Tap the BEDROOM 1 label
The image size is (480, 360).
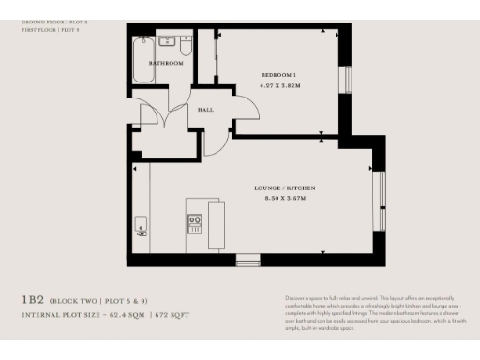(x=279, y=74)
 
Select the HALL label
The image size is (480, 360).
(x=205, y=110)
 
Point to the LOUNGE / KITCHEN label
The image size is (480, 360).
(x=282, y=188)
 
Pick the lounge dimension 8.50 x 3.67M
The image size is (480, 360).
(x=282, y=199)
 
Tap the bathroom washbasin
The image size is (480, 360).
(x=169, y=41)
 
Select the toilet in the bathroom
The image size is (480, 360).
(x=186, y=44)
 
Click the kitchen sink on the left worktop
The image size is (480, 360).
(x=141, y=225)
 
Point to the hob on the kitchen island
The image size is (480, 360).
(x=196, y=223)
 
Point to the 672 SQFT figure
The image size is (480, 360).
(x=172, y=315)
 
